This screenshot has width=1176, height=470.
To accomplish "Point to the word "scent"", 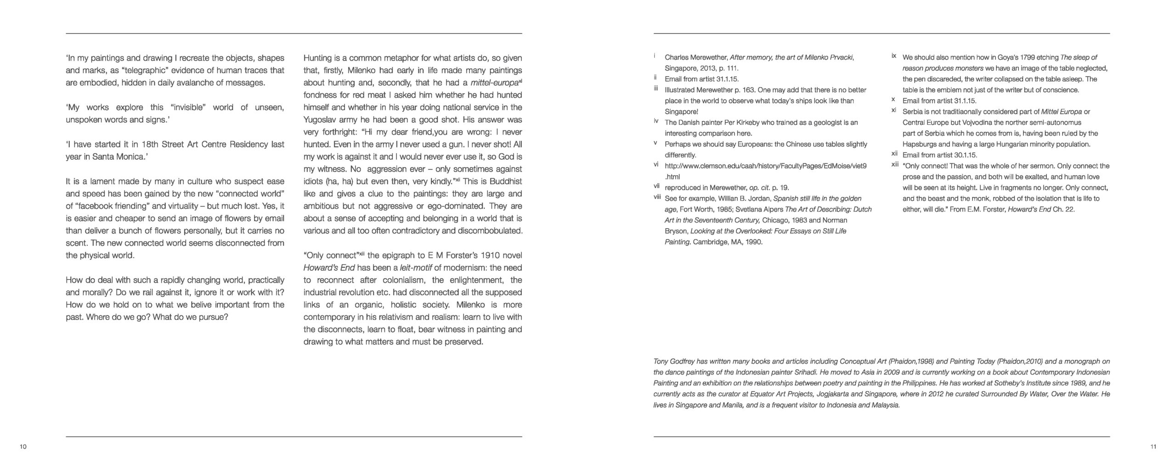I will pos(76,243).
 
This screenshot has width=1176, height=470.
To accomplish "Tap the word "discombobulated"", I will pos(489,231).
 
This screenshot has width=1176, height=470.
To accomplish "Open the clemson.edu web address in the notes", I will pos(765,166).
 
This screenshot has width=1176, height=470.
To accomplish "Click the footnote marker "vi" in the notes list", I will pos(656,164).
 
